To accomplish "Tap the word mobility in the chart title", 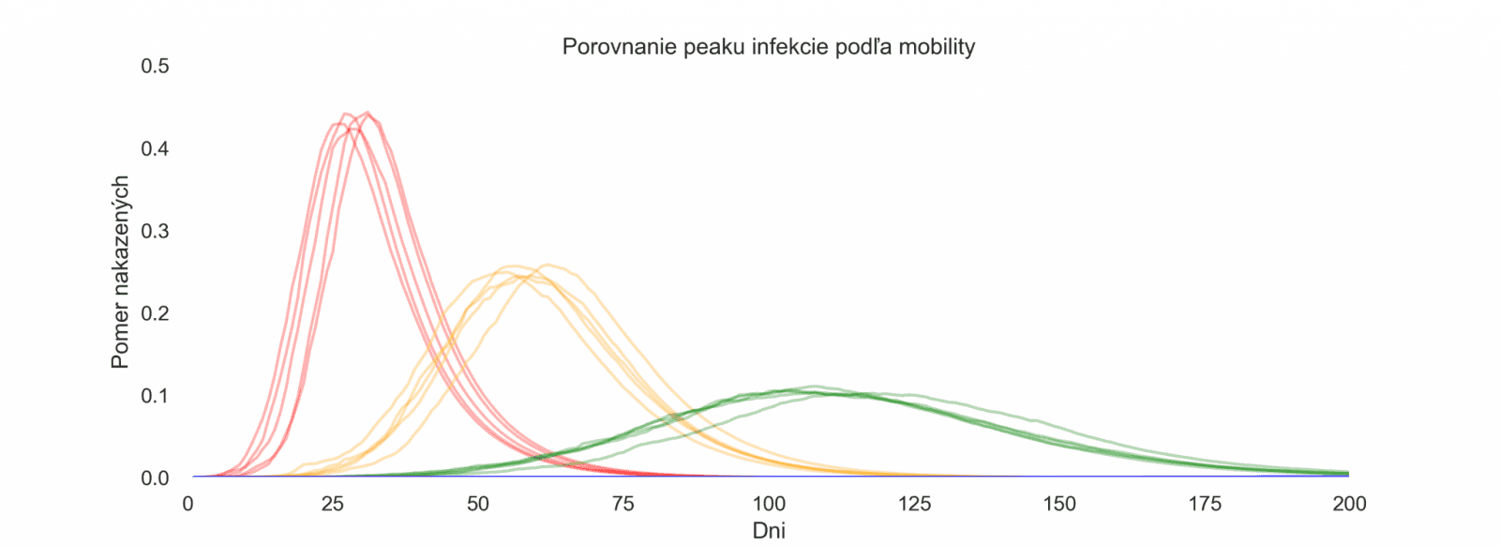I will tap(937, 47).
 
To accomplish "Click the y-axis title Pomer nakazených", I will tap(120, 272).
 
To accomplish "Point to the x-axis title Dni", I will tap(769, 531).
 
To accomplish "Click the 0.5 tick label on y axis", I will tap(155, 66).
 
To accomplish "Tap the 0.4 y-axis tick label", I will tap(155, 148).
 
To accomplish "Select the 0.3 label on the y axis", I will tap(155, 231).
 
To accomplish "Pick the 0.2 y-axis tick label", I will tap(155, 313).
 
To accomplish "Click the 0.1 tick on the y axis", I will tap(155, 396).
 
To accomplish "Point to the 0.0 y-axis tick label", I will tap(155, 478).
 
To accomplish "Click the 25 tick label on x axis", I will tap(333, 504).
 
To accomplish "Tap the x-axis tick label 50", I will tap(478, 504).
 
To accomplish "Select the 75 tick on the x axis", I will tap(623, 504).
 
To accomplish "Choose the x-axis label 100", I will tap(769, 504).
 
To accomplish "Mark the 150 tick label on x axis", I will tap(1059, 504).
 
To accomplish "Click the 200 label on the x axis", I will tap(1350, 504).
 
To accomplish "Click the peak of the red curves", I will tap(356, 117).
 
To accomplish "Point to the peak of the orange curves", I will tap(525, 269).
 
